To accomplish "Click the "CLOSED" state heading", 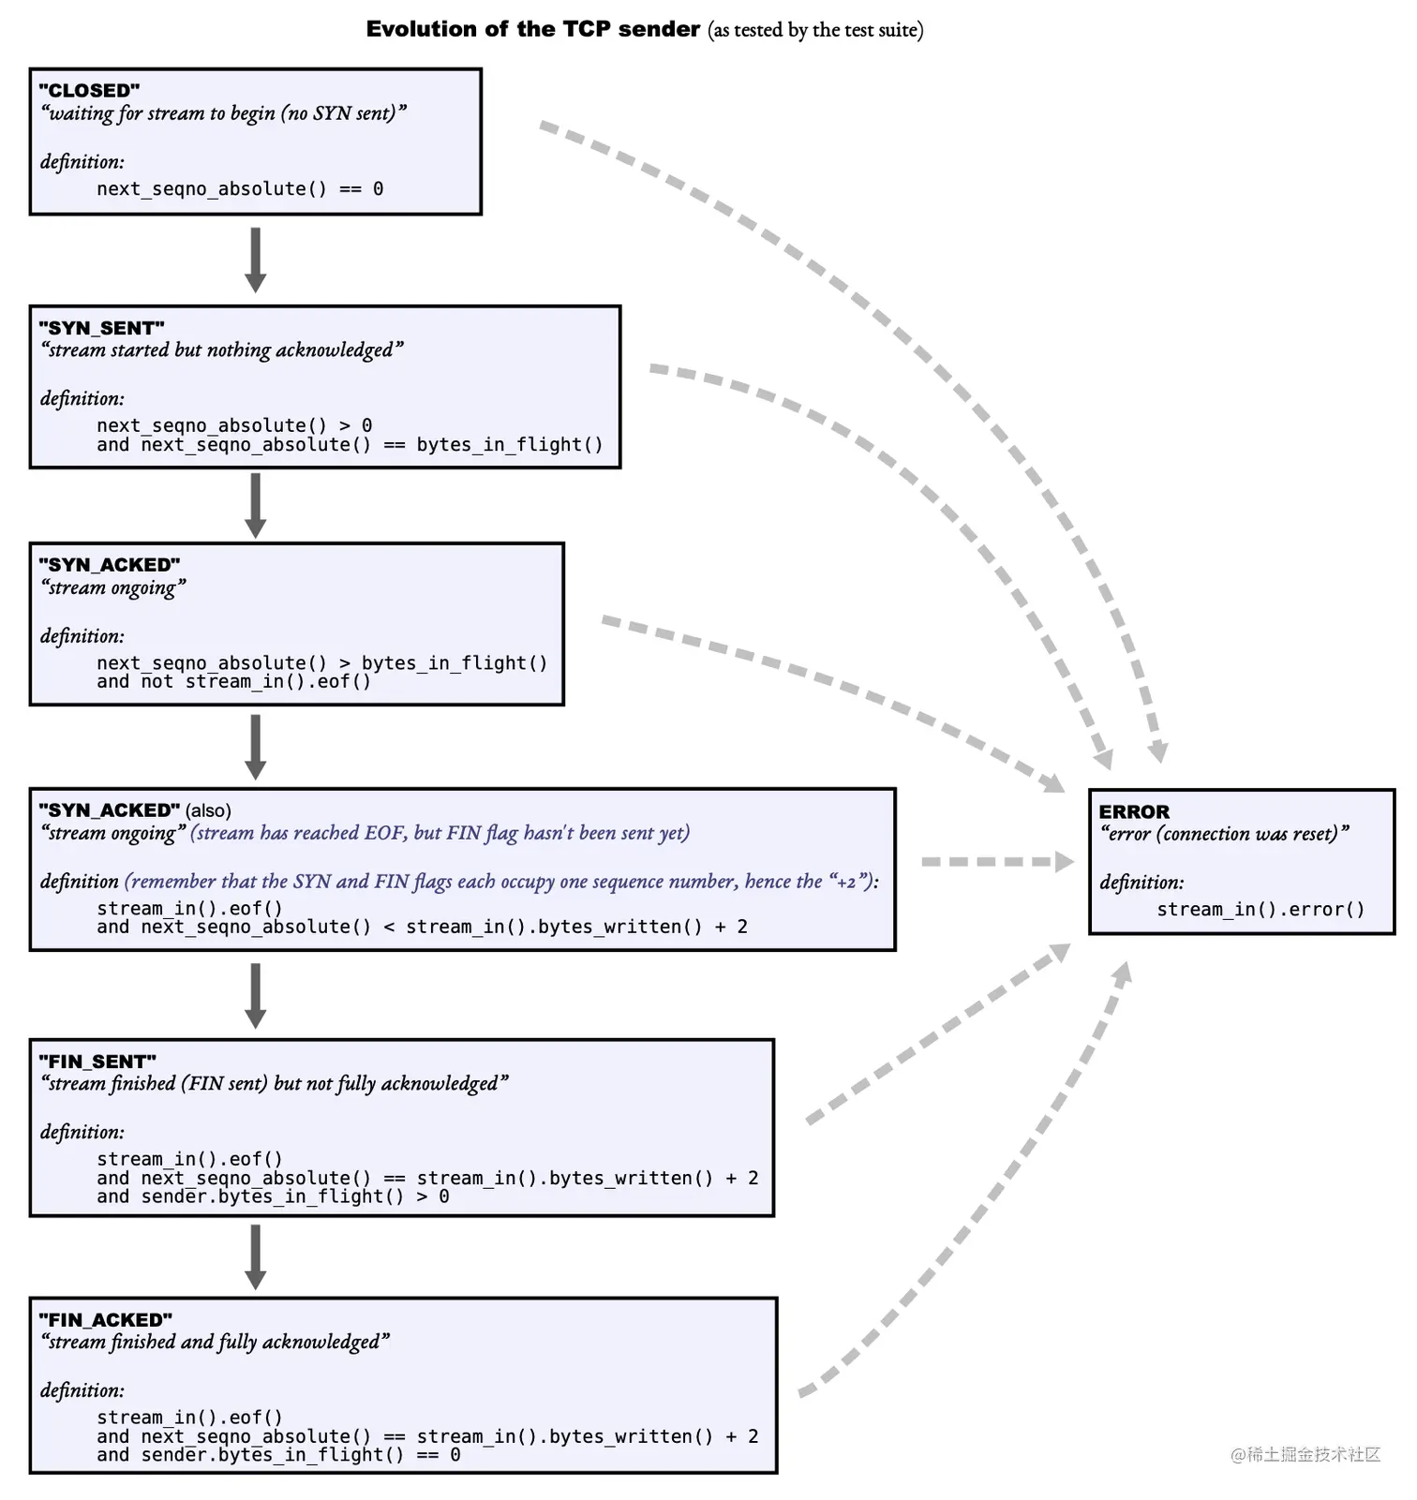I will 89,91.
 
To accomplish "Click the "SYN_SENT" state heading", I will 101,328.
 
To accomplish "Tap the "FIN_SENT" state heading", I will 97,1062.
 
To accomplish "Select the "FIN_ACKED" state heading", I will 105,1320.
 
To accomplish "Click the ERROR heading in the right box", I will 1134,811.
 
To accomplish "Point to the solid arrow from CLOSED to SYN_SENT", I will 255,260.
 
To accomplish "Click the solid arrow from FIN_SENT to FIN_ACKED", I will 255,1256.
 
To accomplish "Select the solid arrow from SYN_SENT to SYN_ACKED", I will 255,505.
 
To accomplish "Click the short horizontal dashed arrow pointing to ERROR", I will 996,861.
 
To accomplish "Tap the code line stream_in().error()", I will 1260,909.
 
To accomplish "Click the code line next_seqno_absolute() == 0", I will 240,188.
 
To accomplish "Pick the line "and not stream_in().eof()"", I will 233,682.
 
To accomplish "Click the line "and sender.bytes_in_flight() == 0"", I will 278,1455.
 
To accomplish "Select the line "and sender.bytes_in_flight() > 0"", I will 273,1196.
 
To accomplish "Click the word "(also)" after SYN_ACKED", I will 208,810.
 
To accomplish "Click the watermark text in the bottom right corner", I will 1305,1454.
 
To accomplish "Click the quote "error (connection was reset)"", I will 1224,834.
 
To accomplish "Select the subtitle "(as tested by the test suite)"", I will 815,30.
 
